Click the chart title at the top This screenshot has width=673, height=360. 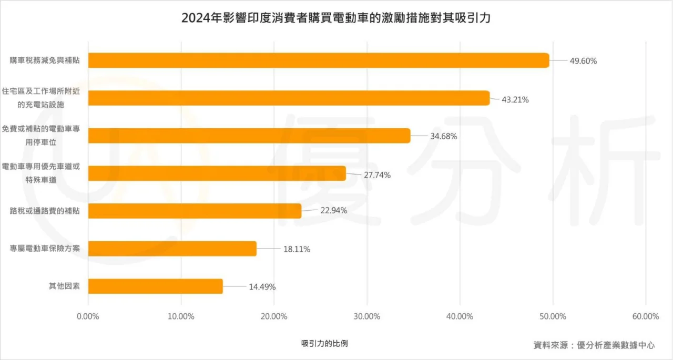(336, 18)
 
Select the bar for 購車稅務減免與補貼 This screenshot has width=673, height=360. (319, 60)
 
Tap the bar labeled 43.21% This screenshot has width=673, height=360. (289, 98)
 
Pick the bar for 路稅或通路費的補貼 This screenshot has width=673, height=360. (195, 211)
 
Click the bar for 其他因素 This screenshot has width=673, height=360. (155, 286)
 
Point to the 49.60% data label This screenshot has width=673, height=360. (583, 61)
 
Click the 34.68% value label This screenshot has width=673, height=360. (443, 136)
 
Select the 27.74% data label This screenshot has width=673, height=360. (377, 175)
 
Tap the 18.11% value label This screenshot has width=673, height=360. (297, 250)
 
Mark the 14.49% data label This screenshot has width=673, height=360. (262, 287)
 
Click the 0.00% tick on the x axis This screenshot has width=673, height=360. (88, 316)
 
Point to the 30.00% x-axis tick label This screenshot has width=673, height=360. (367, 316)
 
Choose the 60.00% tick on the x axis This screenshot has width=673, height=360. (646, 316)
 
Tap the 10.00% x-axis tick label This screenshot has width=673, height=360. (181, 316)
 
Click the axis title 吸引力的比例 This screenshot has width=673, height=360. (324, 343)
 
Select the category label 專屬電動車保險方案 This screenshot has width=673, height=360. (45, 249)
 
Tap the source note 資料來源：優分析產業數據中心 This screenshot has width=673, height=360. (594, 345)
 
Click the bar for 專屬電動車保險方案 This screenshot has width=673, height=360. (172, 249)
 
